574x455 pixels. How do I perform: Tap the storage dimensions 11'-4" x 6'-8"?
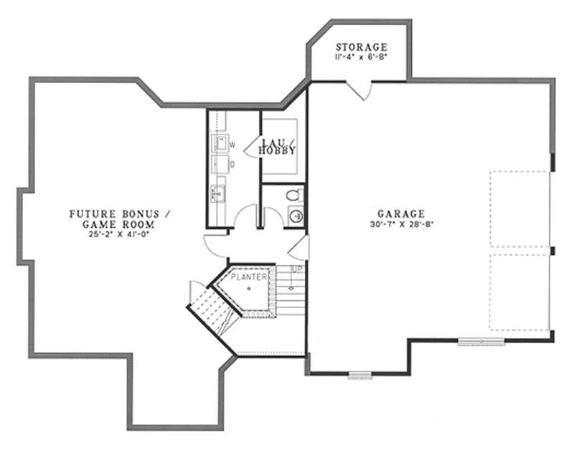coord(361,57)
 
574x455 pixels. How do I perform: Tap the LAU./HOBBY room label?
coord(277,146)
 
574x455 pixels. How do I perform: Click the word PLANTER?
coord(248,276)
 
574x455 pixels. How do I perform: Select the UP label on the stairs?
coord(296,269)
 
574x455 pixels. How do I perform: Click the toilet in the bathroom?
coord(293,194)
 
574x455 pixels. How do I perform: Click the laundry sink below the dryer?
coord(217,192)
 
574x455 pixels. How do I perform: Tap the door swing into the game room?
coord(215,246)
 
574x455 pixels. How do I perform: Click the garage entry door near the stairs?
coord(300,250)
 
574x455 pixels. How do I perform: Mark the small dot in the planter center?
coord(248,288)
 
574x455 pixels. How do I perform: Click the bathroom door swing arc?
coord(271,217)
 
